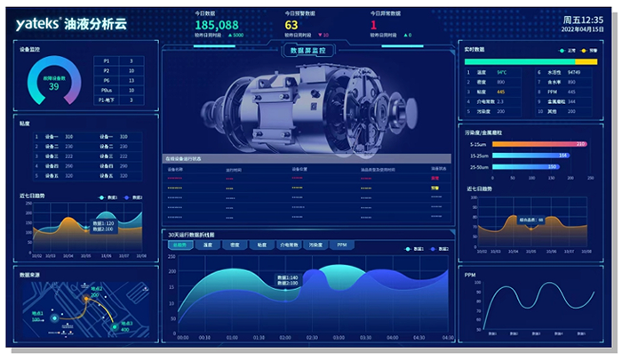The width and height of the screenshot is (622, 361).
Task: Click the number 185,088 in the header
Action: pyautogui.click(x=216, y=25)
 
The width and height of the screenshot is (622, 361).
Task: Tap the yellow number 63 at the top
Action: pyautogui.click(x=291, y=25)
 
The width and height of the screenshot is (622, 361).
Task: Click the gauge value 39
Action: pyautogui.click(x=53, y=87)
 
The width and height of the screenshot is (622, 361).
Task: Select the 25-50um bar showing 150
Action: pyautogui.click(x=524, y=166)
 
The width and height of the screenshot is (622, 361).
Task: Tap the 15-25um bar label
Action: pyautogui.click(x=477, y=155)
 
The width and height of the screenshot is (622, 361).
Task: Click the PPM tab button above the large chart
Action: pyautogui.click(x=342, y=245)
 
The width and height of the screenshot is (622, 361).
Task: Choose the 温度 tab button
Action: pyautogui.click(x=208, y=245)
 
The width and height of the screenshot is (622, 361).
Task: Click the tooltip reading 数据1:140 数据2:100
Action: pyautogui.click(x=287, y=280)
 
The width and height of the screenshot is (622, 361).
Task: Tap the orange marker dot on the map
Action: pyautogui.click(x=86, y=299)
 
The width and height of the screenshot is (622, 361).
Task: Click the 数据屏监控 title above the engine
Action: pyautogui.click(x=308, y=51)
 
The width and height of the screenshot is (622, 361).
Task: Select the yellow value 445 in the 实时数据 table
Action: pyautogui.click(x=501, y=92)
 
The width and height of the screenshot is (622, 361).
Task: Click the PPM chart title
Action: pyautogui.click(x=470, y=275)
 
